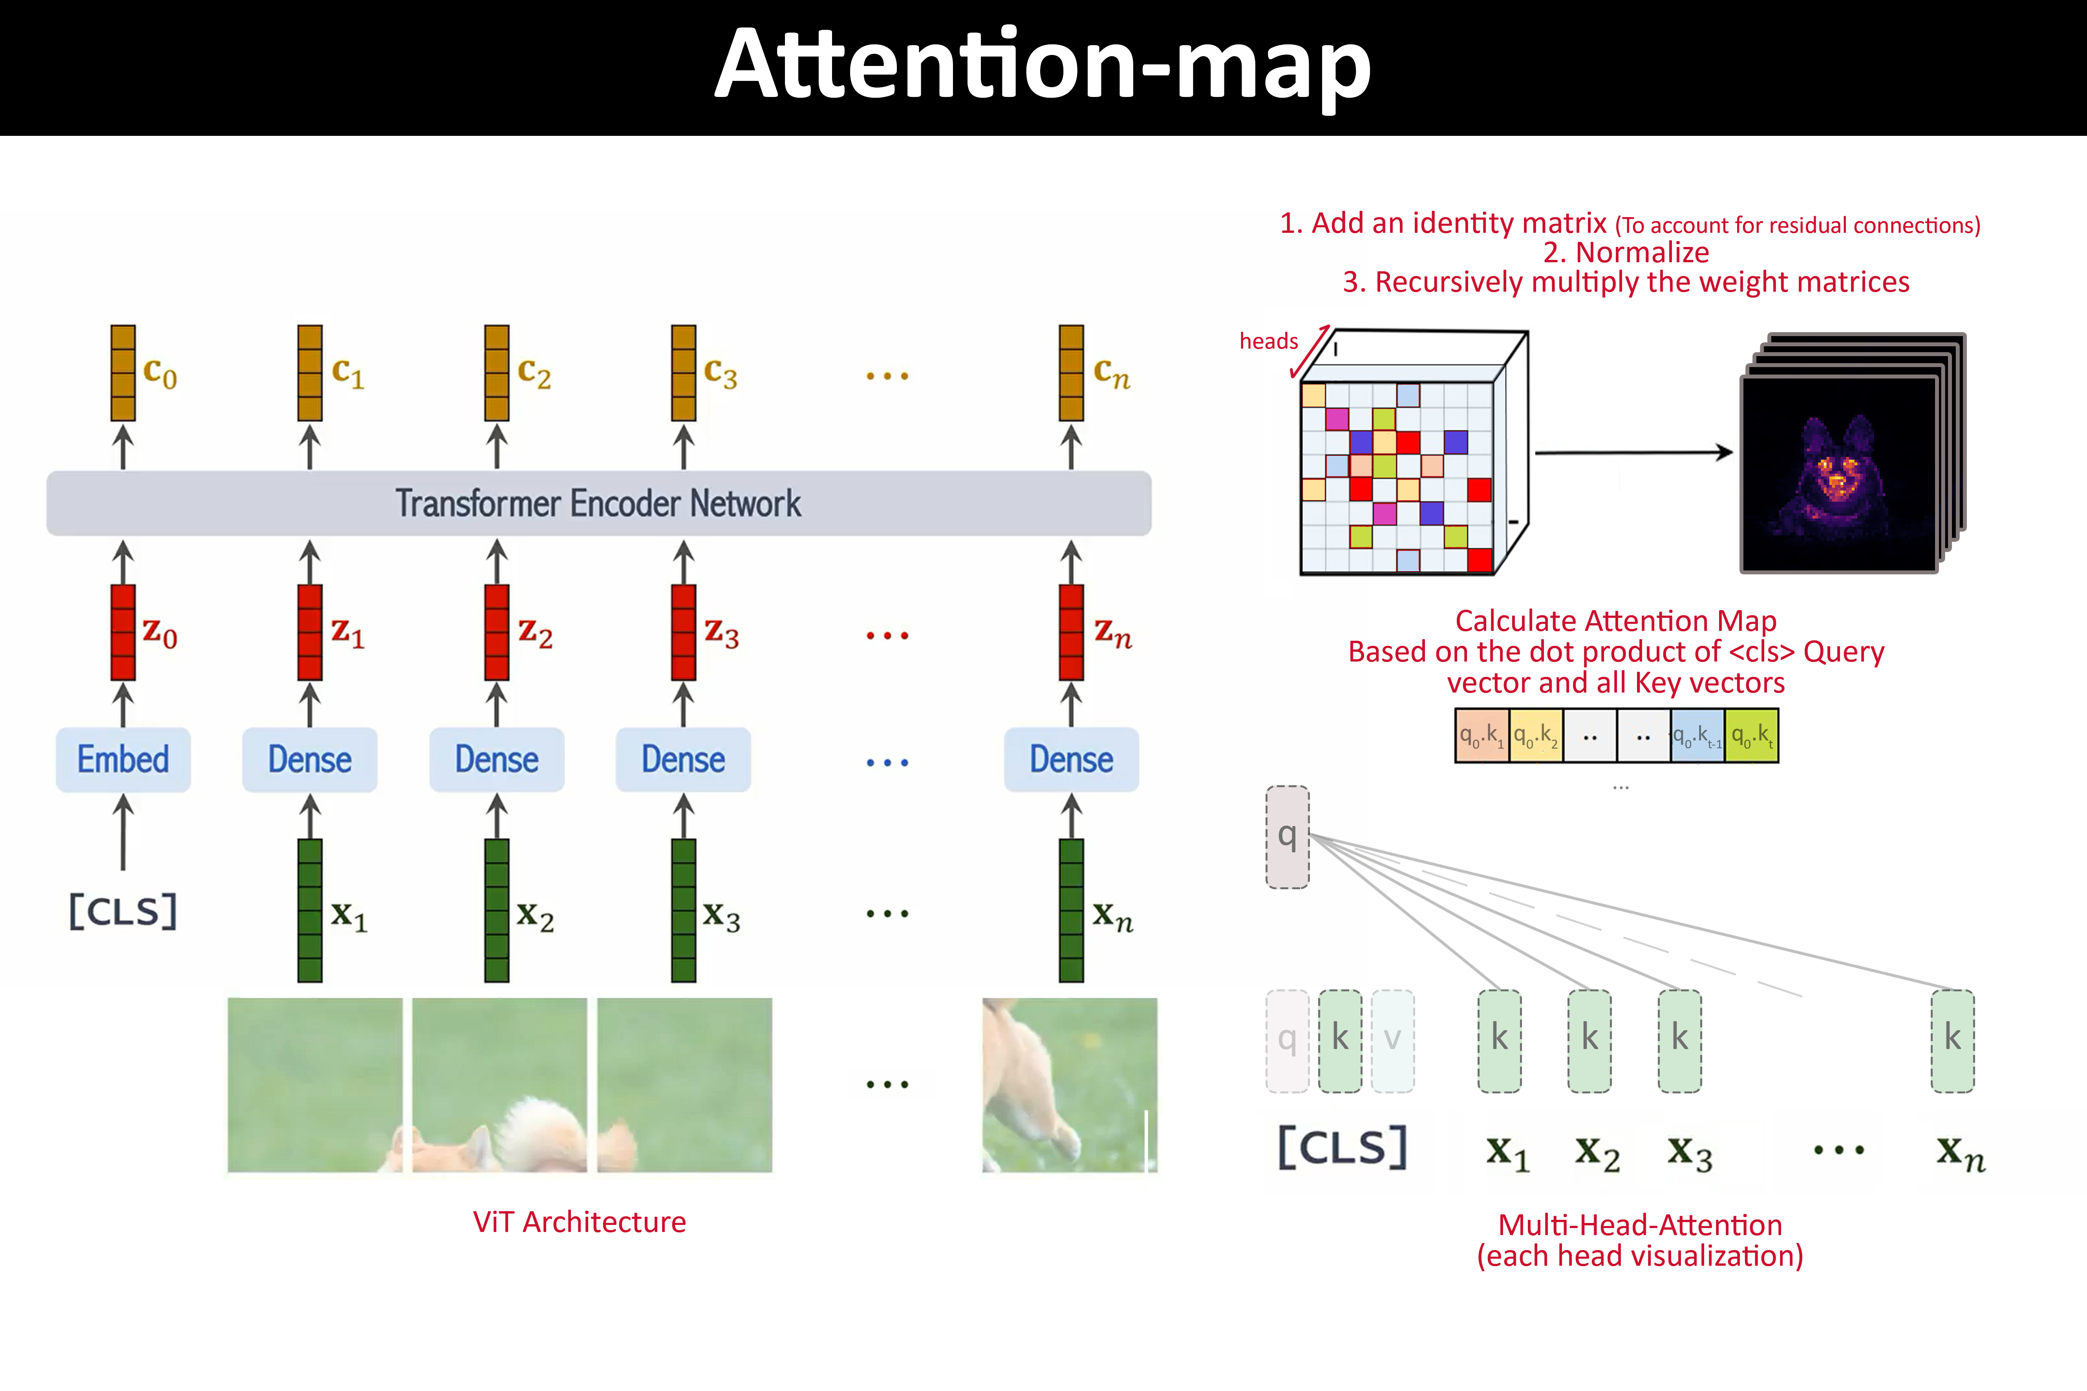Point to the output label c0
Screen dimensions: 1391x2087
[160, 373]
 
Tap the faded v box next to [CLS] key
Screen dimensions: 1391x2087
[1392, 1040]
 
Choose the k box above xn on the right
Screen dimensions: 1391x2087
[1952, 1040]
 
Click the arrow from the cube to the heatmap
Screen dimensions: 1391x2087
[1633, 452]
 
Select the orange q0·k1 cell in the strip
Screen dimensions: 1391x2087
[1482, 735]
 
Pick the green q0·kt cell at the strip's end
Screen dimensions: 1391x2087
[1752, 735]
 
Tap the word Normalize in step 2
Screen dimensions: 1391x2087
[1642, 253]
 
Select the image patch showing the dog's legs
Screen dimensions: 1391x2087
[1069, 1084]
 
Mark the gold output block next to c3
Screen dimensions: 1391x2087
[683, 373]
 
